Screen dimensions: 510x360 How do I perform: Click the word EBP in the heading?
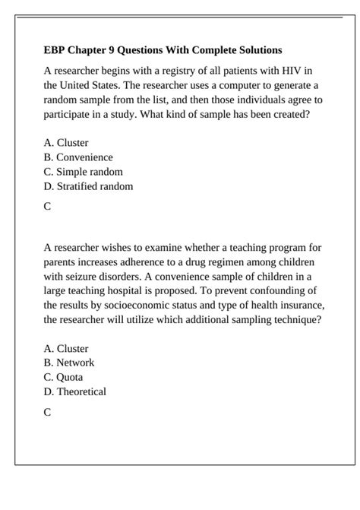(55, 50)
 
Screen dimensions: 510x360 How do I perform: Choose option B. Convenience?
(78, 157)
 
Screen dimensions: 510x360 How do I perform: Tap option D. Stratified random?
(88, 186)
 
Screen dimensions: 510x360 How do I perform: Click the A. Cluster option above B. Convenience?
(66, 143)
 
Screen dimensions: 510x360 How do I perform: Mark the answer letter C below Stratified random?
(48, 206)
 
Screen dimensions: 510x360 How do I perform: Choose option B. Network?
(69, 363)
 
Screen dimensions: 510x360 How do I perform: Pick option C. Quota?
(64, 378)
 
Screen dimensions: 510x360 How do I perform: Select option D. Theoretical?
(75, 392)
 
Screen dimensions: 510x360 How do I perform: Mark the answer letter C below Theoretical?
(48, 412)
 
